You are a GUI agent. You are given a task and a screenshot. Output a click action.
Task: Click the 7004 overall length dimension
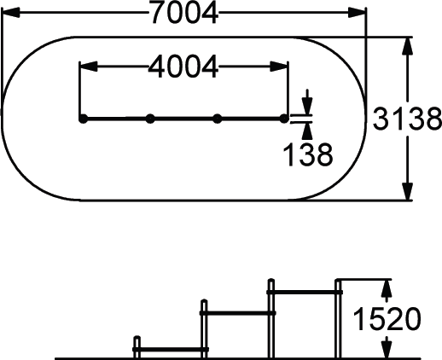185,13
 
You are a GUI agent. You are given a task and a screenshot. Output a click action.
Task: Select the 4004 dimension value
183,67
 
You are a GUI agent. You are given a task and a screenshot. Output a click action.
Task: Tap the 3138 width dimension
407,119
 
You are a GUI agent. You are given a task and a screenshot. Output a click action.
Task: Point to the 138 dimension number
308,154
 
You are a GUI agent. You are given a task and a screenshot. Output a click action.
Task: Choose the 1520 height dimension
387,319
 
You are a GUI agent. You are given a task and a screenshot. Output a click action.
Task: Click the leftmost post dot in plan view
83,119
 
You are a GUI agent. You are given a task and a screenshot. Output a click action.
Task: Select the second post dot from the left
150,119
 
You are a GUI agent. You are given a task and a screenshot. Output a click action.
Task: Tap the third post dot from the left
218,119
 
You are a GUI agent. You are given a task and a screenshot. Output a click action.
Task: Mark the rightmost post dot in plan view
284,119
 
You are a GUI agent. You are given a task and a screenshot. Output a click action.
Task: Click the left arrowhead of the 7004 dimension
10,13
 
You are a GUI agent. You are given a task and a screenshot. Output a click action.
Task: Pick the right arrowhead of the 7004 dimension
357,13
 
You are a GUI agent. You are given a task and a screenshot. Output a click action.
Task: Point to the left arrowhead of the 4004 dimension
89,67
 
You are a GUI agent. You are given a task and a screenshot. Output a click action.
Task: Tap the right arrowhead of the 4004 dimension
279,67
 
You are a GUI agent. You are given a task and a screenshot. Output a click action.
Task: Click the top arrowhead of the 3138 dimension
408,46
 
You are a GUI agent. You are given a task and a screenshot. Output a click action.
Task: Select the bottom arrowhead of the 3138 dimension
408,191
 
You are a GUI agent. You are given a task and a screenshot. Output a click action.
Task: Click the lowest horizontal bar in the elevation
171,349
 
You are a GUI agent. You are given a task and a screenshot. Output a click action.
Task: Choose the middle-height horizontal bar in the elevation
238,313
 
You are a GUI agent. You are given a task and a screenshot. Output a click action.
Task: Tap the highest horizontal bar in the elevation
305,292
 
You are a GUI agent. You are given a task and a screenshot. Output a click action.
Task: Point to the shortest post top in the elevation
137,338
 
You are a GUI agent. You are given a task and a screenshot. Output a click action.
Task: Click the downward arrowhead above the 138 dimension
307,106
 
